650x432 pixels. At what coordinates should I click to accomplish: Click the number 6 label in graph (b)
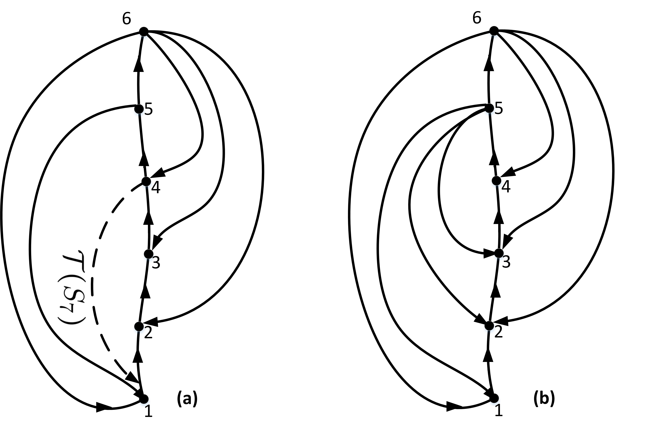click(x=477, y=18)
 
